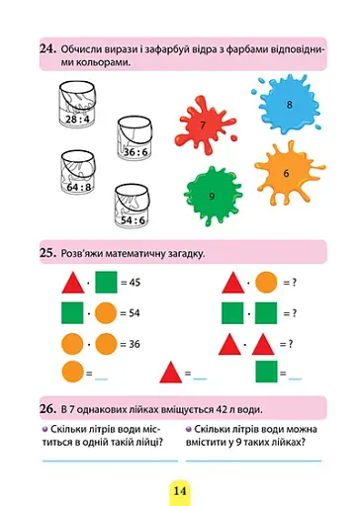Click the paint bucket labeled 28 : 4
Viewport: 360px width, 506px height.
(77, 105)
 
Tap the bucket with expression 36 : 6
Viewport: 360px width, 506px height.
(135, 138)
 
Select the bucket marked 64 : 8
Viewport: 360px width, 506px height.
(78, 173)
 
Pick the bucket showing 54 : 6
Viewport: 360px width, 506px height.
(132, 206)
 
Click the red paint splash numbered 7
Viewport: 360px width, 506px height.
(204, 126)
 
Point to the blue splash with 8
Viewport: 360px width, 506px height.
(287, 105)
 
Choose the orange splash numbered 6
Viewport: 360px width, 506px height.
(288, 173)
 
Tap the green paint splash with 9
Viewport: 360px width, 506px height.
(213, 196)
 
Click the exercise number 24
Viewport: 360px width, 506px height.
(48, 48)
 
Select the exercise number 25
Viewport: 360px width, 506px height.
(48, 253)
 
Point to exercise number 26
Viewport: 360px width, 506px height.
(48, 409)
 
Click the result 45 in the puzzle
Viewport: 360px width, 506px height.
(135, 283)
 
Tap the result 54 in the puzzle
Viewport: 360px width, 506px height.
(134, 313)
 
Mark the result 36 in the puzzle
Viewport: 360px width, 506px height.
(135, 344)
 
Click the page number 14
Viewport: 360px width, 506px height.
(180, 491)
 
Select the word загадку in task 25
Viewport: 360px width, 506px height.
(186, 254)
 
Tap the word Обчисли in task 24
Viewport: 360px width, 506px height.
(82, 49)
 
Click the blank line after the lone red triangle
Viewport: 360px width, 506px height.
(200, 379)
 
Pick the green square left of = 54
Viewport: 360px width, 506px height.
(72, 313)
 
